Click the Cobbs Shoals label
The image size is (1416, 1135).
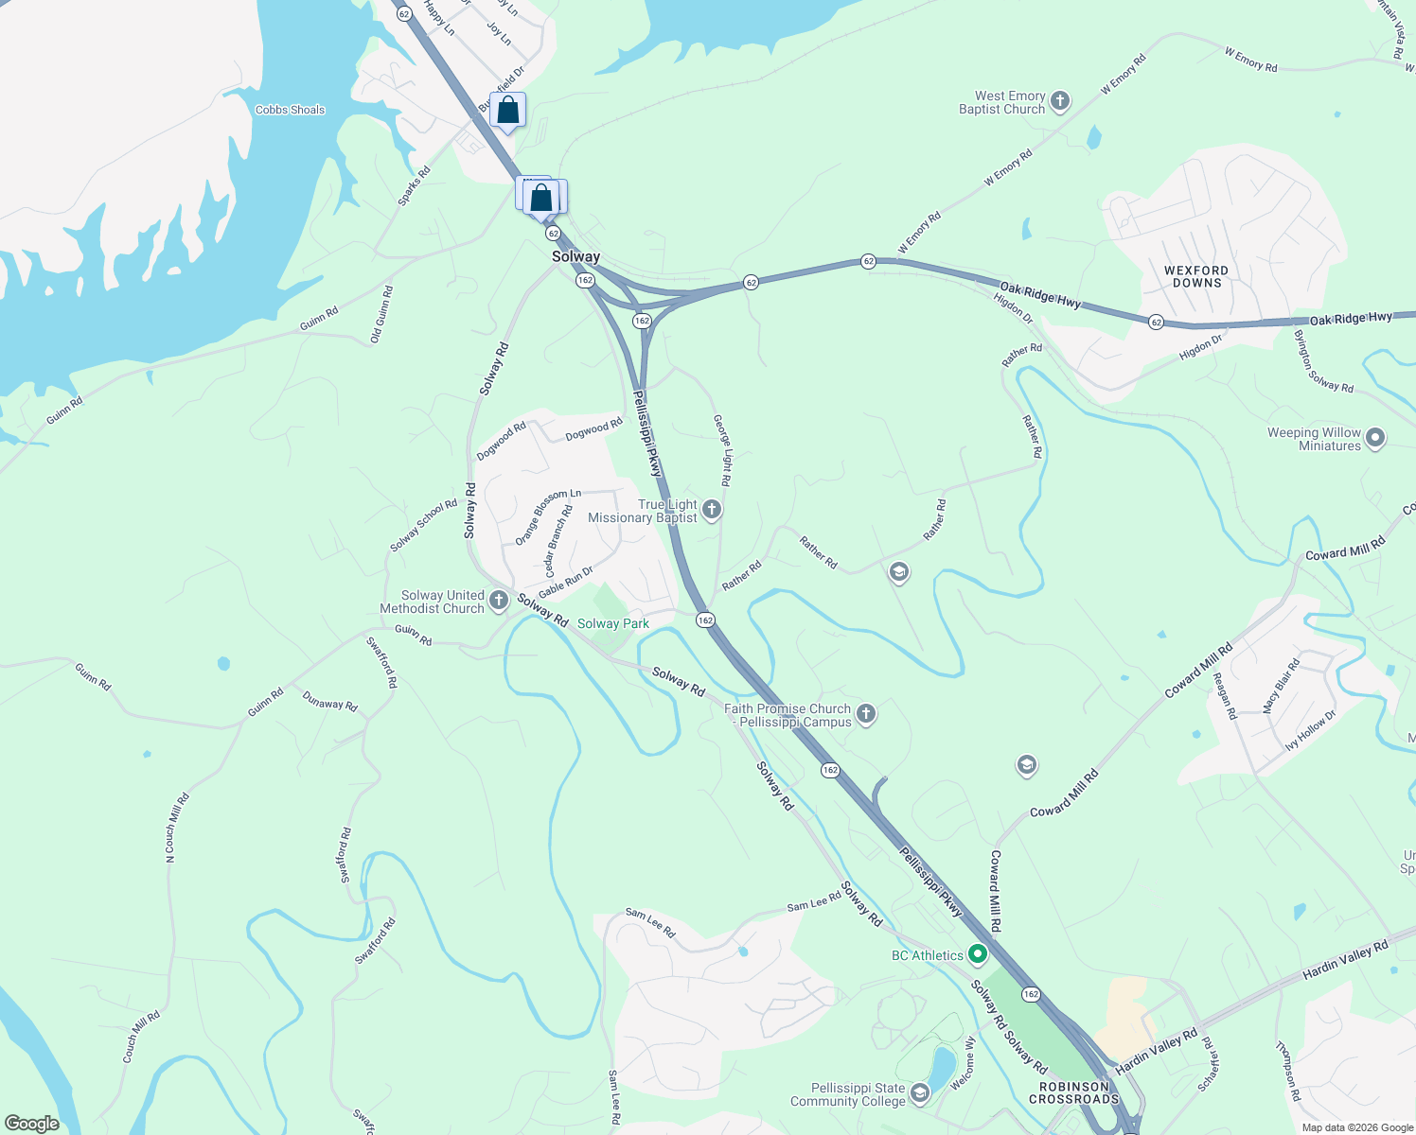click(x=290, y=110)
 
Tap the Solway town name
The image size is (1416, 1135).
click(x=575, y=256)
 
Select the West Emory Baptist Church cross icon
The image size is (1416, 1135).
click(x=1060, y=101)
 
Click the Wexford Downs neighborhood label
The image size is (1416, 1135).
click(x=1196, y=276)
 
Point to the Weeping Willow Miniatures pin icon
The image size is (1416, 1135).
click(x=1376, y=438)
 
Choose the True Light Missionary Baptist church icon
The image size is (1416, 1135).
click(x=712, y=511)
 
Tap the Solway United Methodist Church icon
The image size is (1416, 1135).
click(x=499, y=601)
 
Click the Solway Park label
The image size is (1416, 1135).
click(x=613, y=623)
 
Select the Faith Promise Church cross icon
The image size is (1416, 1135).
click(x=865, y=714)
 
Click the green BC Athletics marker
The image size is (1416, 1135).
click(x=978, y=954)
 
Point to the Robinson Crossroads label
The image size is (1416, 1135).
click(x=1073, y=1092)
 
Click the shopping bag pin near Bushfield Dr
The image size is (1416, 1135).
click(x=507, y=111)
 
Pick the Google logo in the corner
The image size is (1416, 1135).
click(x=32, y=1124)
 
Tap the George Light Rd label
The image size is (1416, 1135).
click(x=722, y=449)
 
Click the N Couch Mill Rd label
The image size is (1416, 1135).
click(x=177, y=827)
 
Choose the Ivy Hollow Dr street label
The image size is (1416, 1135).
click(x=1310, y=730)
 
